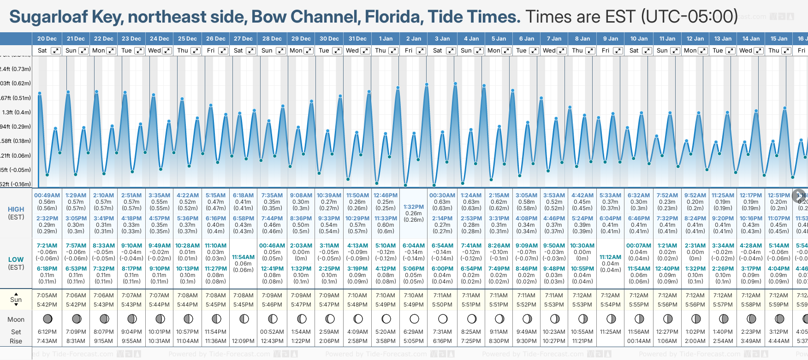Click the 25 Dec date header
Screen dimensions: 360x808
pyautogui.click(x=187, y=39)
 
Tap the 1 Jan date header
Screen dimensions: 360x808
pyautogui.click(x=386, y=39)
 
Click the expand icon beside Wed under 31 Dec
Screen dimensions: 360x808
pyautogui.click(x=365, y=51)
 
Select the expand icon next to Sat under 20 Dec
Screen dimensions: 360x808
pyautogui.click(x=55, y=51)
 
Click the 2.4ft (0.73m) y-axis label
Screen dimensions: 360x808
pyautogui.click(x=16, y=69)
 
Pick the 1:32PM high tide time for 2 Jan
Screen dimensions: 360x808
pyautogui.click(x=414, y=207)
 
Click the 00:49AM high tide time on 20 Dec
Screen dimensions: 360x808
pyautogui.click(x=47, y=195)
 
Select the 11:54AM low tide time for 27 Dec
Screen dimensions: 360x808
pyautogui.click(x=243, y=257)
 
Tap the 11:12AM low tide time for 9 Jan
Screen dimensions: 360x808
pyautogui.click(x=610, y=257)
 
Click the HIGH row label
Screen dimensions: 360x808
pyautogui.click(x=16, y=209)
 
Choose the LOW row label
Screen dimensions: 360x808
pyautogui.click(x=16, y=260)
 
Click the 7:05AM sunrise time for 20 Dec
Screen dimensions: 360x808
pyautogui.click(x=47, y=295)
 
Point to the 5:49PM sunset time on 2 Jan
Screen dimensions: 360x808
pyautogui.click(x=414, y=305)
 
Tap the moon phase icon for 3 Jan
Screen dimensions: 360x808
pyautogui.click(x=443, y=319)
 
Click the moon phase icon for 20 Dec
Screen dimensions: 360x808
pyautogui.click(x=47, y=319)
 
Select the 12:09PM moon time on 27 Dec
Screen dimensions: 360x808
pyautogui.click(x=243, y=341)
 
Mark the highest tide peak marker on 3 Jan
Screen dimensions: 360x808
pyautogui.click(x=427, y=85)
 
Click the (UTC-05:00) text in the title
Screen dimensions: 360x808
pyautogui.click(x=689, y=17)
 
